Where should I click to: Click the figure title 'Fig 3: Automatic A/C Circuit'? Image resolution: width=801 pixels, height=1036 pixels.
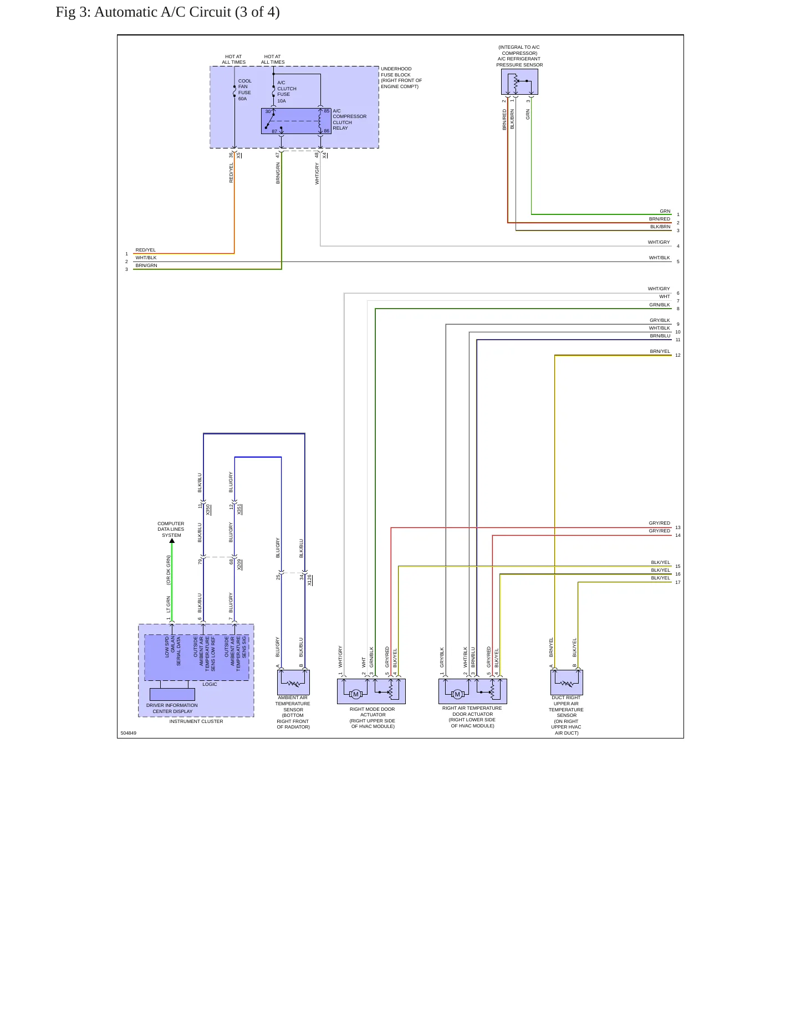[144, 12]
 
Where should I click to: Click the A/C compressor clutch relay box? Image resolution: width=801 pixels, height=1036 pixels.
[296, 121]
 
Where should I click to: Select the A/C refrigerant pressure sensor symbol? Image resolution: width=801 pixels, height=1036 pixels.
[519, 82]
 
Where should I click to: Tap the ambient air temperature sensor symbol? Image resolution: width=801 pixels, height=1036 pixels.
[293, 682]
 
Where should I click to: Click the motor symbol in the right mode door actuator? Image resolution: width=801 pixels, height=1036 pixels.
[356, 694]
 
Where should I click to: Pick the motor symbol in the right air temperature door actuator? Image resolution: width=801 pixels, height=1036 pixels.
[457, 694]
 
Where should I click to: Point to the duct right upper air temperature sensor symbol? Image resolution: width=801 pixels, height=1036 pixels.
[567, 682]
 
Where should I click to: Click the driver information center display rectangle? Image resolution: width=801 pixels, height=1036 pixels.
[172, 694]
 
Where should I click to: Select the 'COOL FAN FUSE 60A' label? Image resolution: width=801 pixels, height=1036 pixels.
[244, 90]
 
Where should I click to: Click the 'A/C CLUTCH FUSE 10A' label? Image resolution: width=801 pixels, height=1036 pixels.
[287, 91]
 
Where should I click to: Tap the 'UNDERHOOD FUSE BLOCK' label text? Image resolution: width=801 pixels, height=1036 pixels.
[396, 72]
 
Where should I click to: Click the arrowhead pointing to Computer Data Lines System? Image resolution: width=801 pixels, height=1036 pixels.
[172, 540]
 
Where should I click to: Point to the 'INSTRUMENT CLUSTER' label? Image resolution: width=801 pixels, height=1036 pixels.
[196, 721]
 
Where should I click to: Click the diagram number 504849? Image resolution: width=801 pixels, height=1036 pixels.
[128, 733]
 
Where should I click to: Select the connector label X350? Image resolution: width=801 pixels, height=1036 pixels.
[208, 510]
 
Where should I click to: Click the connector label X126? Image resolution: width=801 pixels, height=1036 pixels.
[309, 580]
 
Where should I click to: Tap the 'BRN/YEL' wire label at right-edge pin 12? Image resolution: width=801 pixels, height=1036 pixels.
[660, 351]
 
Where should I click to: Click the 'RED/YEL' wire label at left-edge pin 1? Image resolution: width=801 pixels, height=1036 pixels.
[145, 250]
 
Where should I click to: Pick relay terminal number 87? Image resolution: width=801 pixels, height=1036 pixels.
[274, 131]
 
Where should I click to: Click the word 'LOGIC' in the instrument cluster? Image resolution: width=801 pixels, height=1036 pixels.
[210, 684]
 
